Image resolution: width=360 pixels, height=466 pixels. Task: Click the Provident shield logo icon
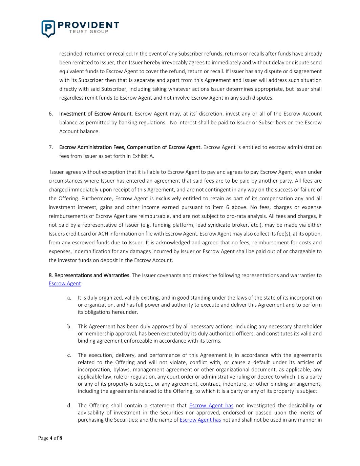[48, 28]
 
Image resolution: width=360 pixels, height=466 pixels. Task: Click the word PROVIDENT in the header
[88, 25]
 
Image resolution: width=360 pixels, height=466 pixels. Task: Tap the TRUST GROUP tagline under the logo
[88, 32]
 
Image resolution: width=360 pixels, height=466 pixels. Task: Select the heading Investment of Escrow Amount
[96, 114]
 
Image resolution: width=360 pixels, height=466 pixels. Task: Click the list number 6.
[50, 114]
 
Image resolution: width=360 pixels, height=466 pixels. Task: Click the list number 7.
[50, 147]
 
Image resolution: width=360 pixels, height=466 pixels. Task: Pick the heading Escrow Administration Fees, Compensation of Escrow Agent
[130, 147]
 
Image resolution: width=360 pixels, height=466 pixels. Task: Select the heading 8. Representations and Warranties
[89, 275]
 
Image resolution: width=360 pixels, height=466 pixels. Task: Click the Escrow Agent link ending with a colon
[65, 284]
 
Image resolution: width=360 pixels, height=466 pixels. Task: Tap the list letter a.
[69, 298]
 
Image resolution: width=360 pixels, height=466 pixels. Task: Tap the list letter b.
[69, 327]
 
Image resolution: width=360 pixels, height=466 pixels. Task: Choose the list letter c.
[69, 355]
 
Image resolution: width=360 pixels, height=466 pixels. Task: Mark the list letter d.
[69, 405]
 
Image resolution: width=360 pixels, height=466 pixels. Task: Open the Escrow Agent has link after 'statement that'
[211, 405]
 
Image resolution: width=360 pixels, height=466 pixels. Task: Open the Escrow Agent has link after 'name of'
[200, 420]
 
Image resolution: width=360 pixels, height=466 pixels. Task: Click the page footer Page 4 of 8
[50, 438]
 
